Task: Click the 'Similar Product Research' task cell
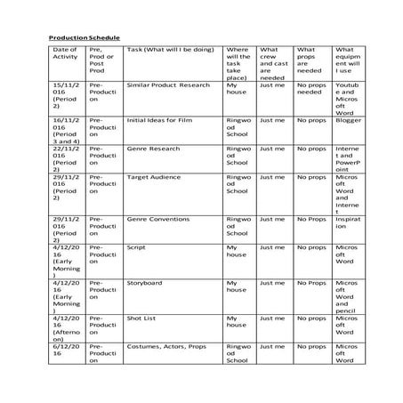(x=168, y=85)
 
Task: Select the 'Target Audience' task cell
(x=150, y=178)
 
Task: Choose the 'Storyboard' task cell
(x=144, y=283)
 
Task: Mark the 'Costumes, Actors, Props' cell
(x=164, y=346)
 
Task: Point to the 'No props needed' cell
(x=311, y=89)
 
